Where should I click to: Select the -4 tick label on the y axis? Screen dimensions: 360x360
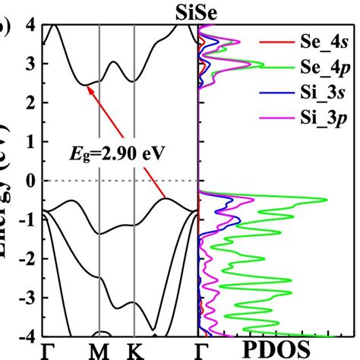(25, 335)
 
